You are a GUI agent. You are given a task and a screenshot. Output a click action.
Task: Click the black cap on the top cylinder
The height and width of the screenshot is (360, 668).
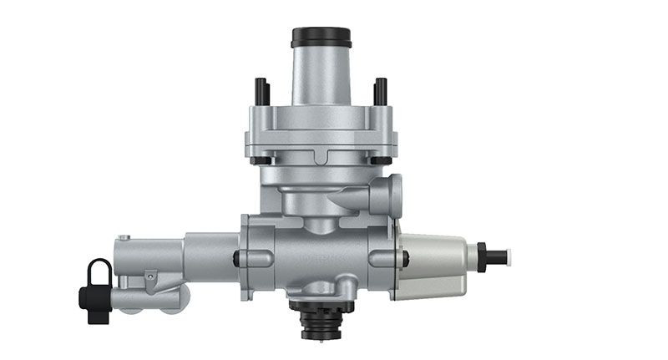321,38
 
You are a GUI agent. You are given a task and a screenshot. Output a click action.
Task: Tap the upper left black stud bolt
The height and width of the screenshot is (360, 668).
261,89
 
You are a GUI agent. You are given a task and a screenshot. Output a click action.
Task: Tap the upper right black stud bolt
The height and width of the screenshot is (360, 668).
381,89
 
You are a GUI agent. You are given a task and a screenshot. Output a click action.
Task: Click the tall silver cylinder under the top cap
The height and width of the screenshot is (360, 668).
321,75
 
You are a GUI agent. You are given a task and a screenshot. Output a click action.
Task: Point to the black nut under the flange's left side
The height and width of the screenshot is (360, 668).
261,160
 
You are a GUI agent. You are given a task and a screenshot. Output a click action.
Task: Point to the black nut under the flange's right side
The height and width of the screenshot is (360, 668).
381,160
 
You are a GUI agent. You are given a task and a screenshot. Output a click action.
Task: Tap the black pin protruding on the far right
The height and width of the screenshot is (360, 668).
498,255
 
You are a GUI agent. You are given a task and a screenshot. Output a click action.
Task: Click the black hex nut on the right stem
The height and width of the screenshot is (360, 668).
481,255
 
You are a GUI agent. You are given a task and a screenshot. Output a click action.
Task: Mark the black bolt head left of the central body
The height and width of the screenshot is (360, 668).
237,259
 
